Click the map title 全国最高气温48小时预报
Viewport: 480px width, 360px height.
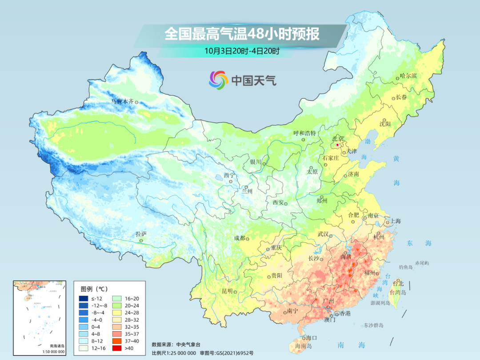coord(242,34)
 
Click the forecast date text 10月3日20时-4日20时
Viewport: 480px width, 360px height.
coord(242,51)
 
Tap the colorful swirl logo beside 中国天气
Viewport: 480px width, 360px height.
coord(218,80)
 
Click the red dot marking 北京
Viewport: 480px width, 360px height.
coord(337,145)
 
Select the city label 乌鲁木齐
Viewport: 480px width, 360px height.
coord(122,101)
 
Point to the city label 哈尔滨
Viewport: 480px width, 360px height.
coord(408,76)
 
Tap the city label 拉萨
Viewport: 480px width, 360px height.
coord(141,234)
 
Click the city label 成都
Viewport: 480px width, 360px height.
coord(239,238)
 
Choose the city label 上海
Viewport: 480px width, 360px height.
coord(395,221)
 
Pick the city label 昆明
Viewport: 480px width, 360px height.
coord(227,291)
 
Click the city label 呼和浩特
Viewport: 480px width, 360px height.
coord(304,133)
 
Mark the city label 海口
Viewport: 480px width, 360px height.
coord(312,338)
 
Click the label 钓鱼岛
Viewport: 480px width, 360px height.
coord(407,267)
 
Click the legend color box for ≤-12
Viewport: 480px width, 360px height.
coord(83,298)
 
